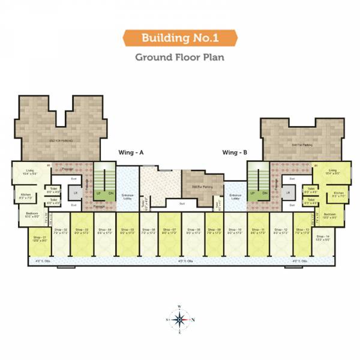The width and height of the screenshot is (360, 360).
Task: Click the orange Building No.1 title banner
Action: (180, 39)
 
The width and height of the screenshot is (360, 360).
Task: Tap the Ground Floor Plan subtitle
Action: (180, 58)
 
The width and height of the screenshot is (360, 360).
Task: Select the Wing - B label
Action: (235, 152)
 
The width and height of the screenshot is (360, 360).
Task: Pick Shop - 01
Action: (40, 240)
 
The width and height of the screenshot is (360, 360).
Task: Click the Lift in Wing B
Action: (288, 193)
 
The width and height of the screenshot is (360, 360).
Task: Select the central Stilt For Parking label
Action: (193, 187)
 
